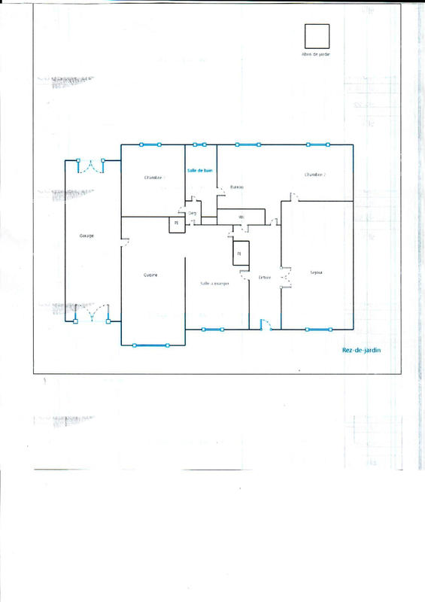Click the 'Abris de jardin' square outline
(x=316, y=37)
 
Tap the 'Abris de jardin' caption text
(x=316, y=55)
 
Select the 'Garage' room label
(x=87, y=236)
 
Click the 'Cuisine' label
(x=150, y=275)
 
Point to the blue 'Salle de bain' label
(x=200, y=171)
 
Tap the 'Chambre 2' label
(x=315, y=175)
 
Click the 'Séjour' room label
(x=316, y=272)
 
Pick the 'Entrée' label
(x=264, y=278)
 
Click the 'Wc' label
(x=241, y=217)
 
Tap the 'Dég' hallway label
(x=193, y=213)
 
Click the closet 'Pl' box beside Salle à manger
(x=240, y=254)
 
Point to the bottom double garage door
(x=92, y=314)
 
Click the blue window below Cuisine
(x=150, y=345)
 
